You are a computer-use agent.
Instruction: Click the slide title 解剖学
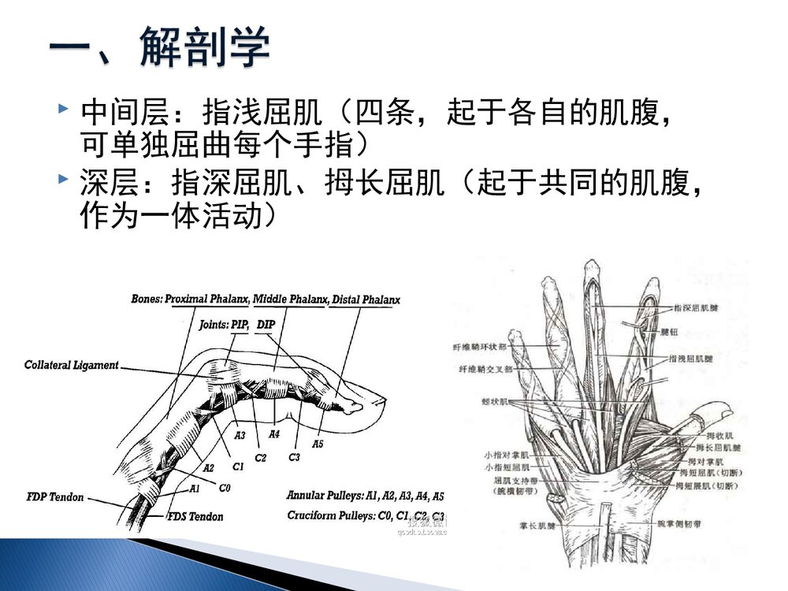point(205,49)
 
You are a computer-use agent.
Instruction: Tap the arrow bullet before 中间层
point(63,106)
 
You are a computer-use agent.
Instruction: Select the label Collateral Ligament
point(71,366)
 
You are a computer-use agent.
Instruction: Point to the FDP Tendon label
point(55,497)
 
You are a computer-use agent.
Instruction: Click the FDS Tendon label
point(195,517)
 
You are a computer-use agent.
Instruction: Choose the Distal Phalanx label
point(366,300)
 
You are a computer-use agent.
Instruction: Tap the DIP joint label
point(266,324)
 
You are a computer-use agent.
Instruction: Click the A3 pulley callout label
point(240,434)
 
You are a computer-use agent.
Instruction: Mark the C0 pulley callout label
point(225,488)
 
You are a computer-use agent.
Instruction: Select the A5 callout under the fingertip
point(317,444)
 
